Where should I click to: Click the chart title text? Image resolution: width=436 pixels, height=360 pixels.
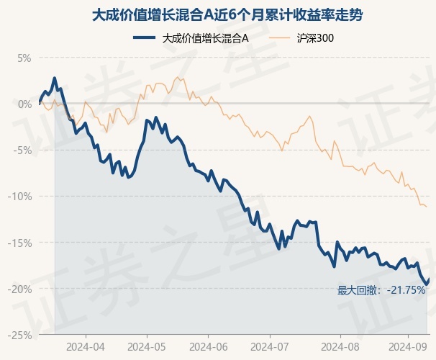pos(227,15)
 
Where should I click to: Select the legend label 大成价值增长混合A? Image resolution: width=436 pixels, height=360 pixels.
pos(205,38)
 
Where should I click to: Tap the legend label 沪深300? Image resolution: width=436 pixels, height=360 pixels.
pos(315,38)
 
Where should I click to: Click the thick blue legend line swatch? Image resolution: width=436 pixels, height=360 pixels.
pos(144,38)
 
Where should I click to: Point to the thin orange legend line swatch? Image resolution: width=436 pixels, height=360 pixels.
pos(279,38)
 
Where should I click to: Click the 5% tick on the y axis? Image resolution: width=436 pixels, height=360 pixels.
pos(24,58)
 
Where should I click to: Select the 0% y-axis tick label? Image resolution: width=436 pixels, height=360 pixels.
pos(24,104)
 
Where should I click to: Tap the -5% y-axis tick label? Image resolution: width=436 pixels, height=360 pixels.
pos(22,150)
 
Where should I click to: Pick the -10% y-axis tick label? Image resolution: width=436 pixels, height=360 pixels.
pos(19,197)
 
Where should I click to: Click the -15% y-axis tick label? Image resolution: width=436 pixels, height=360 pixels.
pos(19,243)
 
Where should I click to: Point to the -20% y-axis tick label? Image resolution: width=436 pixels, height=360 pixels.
pos(19,289)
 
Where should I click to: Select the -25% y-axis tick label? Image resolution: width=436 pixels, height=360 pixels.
pos(19,336)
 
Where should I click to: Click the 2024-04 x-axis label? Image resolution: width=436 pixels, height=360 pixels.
pos(86,347)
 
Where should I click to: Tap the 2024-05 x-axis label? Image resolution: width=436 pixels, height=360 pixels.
pos(147,347)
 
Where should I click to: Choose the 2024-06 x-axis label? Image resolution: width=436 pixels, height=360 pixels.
pos(208,347)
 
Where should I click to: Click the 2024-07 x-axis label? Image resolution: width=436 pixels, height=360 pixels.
pos(269,347)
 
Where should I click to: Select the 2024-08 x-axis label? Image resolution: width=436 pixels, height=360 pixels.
pos(340,347)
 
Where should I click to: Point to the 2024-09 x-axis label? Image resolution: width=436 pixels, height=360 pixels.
pos(408,347)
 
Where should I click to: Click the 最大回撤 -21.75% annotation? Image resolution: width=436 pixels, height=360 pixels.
pos(381,290)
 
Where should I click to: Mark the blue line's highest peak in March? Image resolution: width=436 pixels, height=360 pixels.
pos(55,78)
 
